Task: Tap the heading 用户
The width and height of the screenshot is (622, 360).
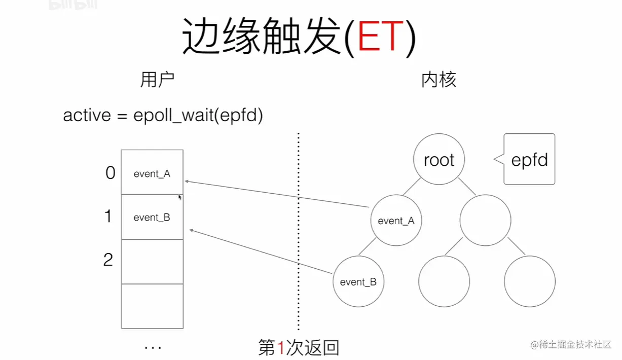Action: coord(157,80)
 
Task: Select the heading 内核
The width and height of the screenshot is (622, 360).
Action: coord(438,80)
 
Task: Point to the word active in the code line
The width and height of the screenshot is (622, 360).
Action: coord(87,116)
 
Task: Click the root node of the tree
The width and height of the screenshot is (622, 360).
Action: coord(439,160)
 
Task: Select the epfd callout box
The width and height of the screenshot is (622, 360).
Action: coord(530,159)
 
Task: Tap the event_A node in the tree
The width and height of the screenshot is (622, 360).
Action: coord(396,221)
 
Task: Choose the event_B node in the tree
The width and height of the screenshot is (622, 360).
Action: coord(358,282)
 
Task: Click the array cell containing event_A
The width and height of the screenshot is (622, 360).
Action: coord(152,172)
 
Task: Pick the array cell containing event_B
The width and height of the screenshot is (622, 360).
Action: coord(152,217)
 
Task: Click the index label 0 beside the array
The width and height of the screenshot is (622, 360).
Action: coord(111,173)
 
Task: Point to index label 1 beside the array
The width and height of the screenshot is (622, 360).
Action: coord(108,217)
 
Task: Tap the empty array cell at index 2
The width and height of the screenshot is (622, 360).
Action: coord(152,261)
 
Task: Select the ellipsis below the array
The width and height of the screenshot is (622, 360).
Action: coord(153,348)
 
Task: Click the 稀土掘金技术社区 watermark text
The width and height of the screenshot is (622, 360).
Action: coord(576,345)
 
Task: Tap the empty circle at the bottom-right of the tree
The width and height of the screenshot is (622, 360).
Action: coord(530,282)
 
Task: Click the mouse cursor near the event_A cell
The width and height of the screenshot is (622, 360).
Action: coord(180,197)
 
